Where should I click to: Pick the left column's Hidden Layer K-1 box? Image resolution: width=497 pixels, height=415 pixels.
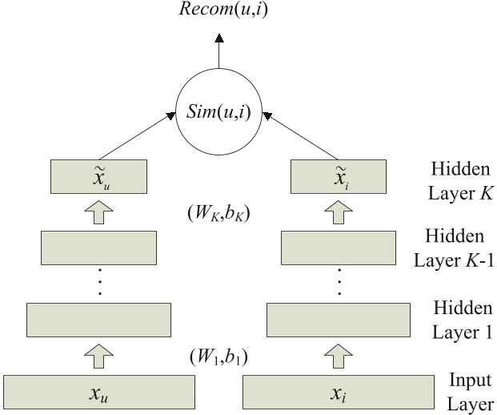(99, 248)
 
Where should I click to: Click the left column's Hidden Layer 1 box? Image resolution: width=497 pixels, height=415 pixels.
(99, 319)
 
